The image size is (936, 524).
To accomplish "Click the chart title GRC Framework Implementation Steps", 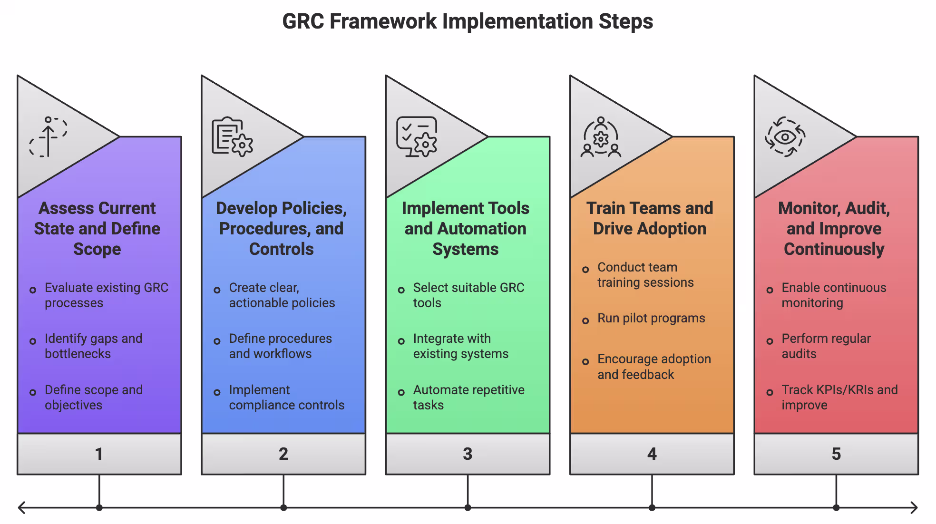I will (468, 22).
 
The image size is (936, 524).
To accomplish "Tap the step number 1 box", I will (99, 454).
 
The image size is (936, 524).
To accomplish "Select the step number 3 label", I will (468, 454).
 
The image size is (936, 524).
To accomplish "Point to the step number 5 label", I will (836, 454).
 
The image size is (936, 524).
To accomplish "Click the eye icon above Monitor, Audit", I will (785, 137).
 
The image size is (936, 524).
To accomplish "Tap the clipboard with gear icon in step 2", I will (232, 137).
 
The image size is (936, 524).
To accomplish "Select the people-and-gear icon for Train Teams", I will (601, 137).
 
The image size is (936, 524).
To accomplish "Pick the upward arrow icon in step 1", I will (48, 137).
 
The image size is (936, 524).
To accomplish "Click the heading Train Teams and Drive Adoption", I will (650, 218).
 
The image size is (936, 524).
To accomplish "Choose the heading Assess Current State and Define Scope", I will (97, 228).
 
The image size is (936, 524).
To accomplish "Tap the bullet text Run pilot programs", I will (651, 318).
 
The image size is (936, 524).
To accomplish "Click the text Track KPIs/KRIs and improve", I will (839, 397).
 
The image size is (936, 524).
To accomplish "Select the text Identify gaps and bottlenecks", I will (94, 346).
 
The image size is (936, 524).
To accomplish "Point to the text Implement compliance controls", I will (286, 397).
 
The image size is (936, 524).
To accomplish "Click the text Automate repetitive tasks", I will (468, 397).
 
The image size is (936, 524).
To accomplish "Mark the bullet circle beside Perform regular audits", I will (770, 341).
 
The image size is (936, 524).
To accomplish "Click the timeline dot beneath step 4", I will (652, 508).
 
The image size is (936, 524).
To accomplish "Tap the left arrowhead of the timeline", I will (20, 508).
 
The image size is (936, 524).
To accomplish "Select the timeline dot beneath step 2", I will (283, 508).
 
